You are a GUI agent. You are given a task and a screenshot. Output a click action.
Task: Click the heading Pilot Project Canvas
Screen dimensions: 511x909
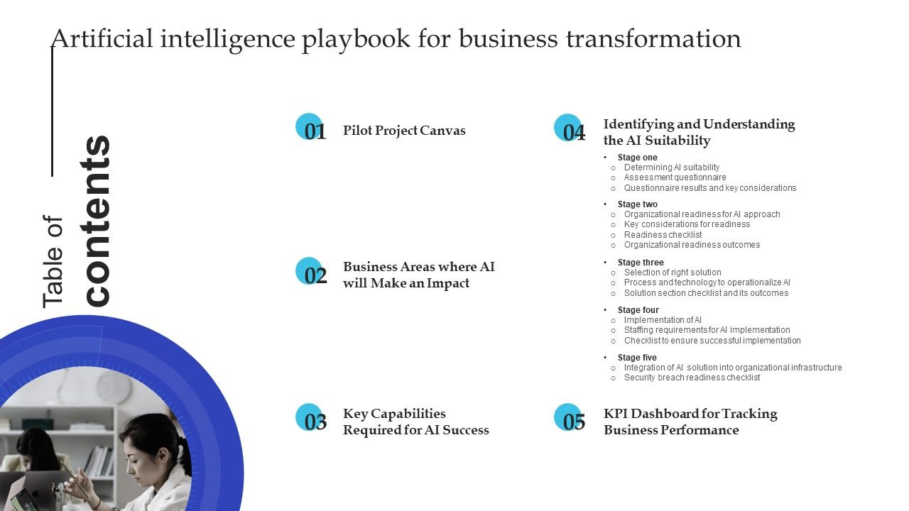click(x=404, y=131)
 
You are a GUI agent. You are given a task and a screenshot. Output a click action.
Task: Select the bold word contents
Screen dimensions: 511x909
click(x=97, y=221)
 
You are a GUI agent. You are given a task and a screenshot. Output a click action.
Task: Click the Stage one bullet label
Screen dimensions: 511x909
click(x=637, y=158)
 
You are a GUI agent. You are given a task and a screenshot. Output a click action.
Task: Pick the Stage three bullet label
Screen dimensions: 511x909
click(x=641, y=263)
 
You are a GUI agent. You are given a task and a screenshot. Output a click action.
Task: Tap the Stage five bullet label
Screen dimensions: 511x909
click(x=637, y=358)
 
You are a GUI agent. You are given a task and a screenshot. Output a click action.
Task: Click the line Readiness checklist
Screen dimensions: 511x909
click(x=663, y=235)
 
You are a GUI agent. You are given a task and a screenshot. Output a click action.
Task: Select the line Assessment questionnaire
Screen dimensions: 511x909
click(x=675, y=177)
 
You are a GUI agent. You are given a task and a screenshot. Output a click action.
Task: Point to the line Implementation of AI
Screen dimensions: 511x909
click(x=663, y=320)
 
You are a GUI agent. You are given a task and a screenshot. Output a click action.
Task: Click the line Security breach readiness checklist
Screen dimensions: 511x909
click(x=692, y=378)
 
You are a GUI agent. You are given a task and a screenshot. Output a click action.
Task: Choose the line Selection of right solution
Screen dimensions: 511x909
click(x=673, y=273)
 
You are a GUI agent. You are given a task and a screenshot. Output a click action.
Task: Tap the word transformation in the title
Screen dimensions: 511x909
click(x=653, y=39)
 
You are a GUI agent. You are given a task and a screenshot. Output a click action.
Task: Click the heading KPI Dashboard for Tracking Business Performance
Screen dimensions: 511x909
click(x=690, y=422)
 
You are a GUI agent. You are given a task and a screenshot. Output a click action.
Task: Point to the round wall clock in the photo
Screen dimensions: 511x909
click(x=114, y=388)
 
